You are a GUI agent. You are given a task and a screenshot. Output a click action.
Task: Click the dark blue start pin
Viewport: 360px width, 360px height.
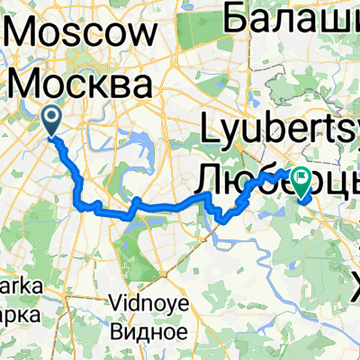coord(52,120)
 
